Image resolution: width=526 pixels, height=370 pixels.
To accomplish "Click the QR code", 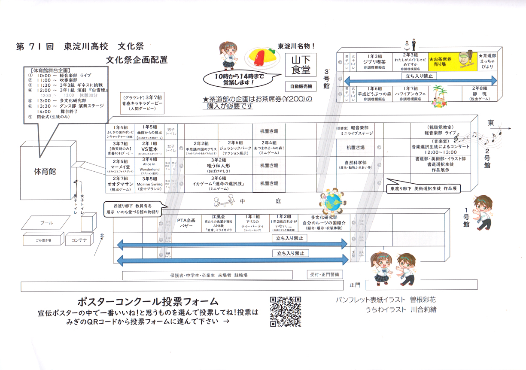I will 286,312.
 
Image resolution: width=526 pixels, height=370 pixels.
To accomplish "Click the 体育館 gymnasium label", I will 45,172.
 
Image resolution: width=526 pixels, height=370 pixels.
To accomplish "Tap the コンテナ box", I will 79,240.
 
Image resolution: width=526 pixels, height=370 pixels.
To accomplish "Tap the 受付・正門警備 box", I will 325,274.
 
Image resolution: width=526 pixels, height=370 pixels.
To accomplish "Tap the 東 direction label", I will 491,123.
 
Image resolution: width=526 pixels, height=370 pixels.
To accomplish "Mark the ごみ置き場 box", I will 43,240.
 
